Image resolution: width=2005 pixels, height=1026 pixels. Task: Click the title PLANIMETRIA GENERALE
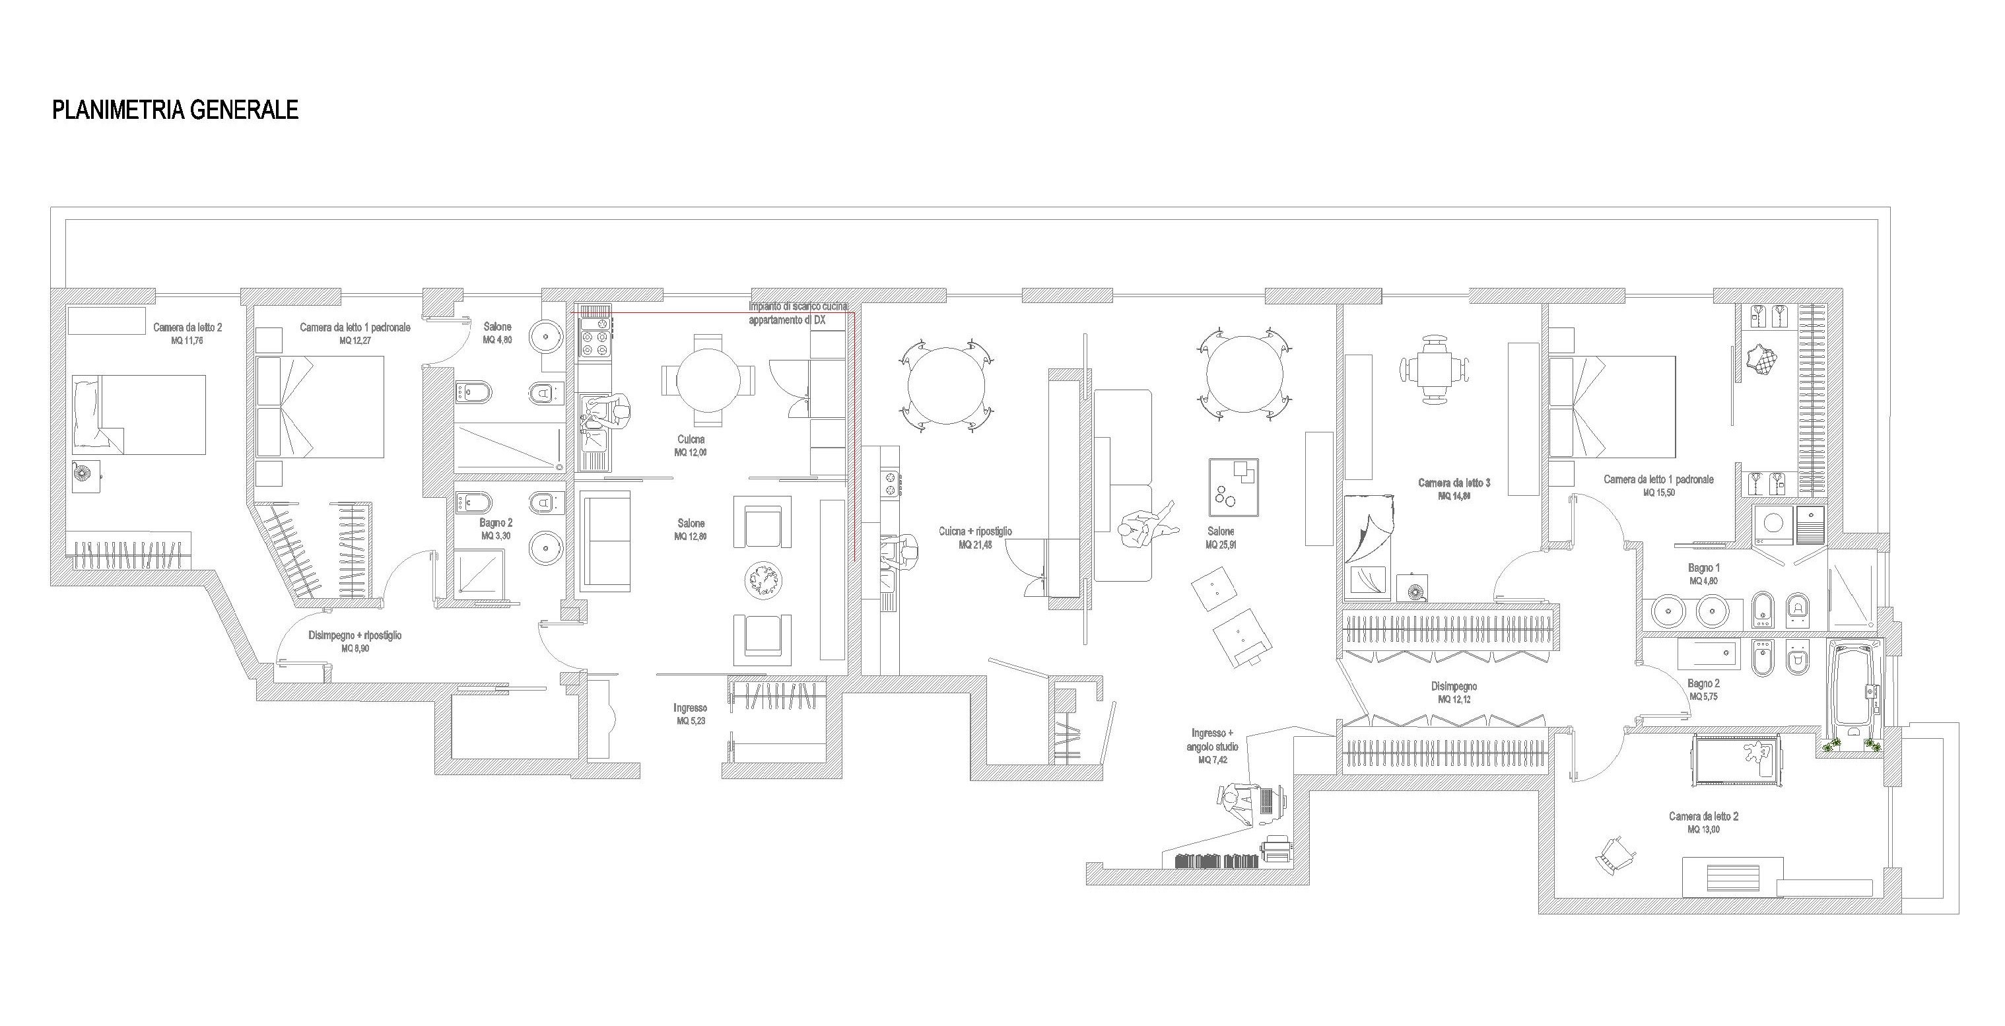(x=175, y=110)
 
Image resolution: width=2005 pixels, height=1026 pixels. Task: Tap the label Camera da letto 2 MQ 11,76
(x=187, y=333)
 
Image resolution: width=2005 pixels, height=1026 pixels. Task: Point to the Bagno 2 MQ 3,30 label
(x=496, y=530)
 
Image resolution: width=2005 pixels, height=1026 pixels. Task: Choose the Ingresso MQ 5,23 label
(x=691, y=714)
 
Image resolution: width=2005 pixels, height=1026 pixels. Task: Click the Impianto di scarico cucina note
(x=797, y=313)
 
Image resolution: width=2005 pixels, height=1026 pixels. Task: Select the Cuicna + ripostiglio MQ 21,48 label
(x=975, y=538)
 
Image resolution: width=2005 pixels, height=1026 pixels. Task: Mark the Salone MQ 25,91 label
(x=1221, y=538)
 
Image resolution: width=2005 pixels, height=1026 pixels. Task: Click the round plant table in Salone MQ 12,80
(x=763, y=580)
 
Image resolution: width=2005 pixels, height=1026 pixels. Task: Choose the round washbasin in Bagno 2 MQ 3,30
(x=545, y=548)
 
